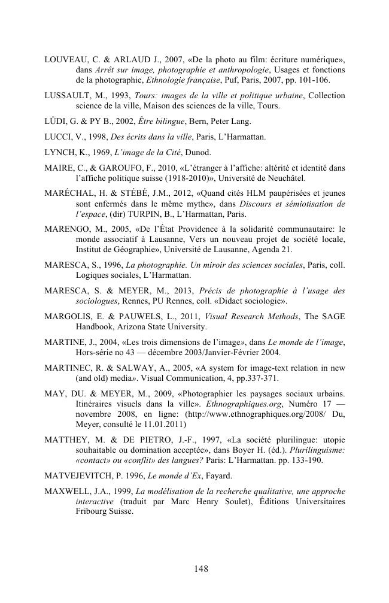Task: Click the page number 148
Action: [201, 568]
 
